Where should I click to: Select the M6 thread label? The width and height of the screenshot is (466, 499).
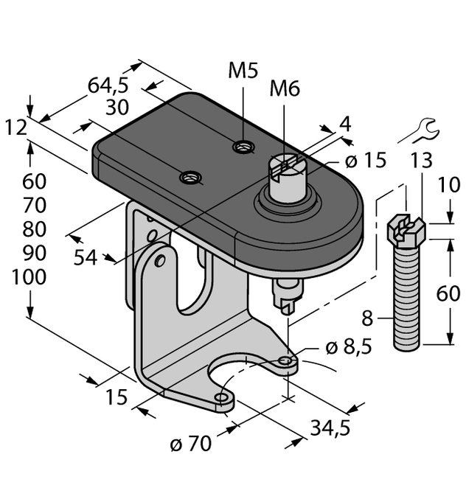(285, 89)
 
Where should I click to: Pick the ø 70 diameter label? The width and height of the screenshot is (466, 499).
(190, 444)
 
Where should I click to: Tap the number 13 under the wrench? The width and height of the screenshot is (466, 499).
(422, 161)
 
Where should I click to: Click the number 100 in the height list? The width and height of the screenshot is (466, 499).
(29, 278)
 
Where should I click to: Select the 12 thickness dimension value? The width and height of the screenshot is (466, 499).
(15, 128)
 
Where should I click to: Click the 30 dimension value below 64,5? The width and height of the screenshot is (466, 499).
(118, 107)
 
